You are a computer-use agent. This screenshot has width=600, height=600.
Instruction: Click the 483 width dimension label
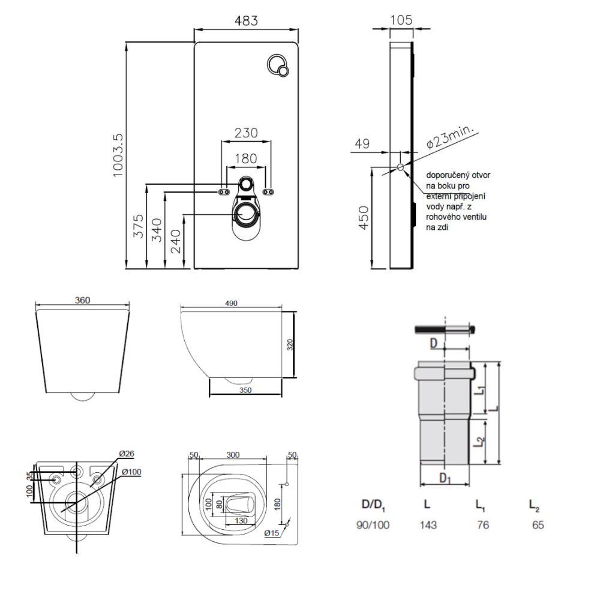246,20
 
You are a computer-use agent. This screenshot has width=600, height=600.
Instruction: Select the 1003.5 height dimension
118,155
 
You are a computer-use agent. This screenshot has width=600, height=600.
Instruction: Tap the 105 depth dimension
401,20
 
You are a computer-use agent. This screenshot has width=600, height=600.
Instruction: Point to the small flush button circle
283,71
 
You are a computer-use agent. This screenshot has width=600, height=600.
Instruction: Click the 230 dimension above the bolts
246,133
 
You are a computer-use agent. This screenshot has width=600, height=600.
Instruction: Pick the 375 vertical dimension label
139,226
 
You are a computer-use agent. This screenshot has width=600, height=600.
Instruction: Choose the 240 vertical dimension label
176,241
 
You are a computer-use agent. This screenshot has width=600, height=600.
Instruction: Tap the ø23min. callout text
452,137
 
